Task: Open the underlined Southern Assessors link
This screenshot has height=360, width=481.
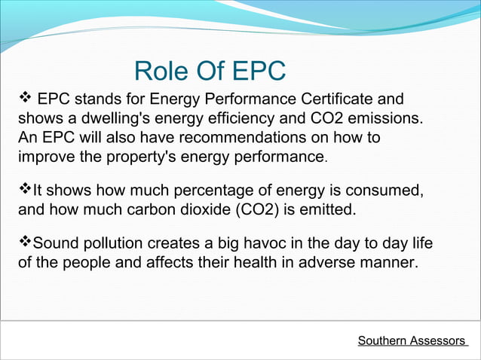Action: click(412, 341)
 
